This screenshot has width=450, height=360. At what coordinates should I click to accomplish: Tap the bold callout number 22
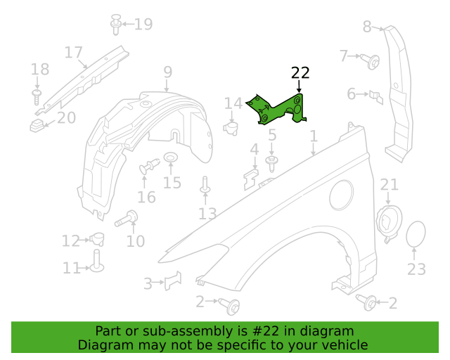(300, 73)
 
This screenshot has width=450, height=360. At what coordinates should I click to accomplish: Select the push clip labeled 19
(115, 25)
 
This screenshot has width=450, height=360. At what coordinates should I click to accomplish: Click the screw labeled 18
(37, 97)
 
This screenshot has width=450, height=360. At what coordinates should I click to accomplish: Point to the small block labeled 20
(37, 126)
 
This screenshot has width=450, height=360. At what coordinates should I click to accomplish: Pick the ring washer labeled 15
(170, 157)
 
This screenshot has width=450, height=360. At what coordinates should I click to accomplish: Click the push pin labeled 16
(149, 167)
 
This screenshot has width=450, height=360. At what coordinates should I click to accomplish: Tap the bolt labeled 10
(127, 219)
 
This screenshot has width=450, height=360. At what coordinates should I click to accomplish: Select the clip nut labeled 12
(98, 239)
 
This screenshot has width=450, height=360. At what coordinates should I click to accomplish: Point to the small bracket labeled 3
(173, 281)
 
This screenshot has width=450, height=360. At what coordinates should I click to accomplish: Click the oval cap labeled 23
(416, 234)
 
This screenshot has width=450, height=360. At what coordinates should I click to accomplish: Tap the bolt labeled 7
(371, 61)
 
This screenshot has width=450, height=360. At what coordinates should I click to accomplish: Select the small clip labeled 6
(376, 97)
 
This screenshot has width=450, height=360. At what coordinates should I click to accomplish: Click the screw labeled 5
(271, 163)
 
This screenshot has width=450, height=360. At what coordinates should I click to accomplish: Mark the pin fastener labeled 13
(205, 185)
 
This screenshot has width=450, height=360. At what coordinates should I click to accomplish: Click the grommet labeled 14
(231, 128)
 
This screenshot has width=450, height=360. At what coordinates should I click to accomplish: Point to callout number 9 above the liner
(168, 72)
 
